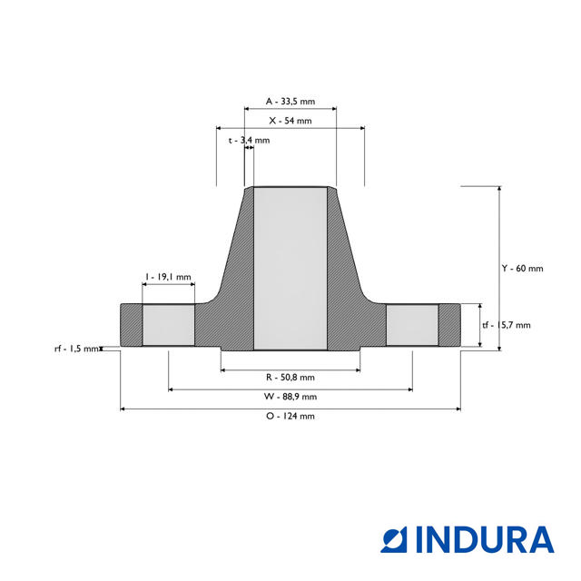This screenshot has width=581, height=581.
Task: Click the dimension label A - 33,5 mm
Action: pyautogui.click(x=290, y=102)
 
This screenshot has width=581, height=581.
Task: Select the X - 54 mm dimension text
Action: pyautogui.click(x=290, y=121)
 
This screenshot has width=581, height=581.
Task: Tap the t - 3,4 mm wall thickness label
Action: pyautogui.click(x=249, y=141)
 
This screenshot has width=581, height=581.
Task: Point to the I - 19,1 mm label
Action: pyautogui.click(x=168, y=277)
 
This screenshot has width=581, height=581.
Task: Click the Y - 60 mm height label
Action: pyautogui.click(x=522, y=268)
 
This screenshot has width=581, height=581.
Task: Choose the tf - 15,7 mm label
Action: pyautogui.click(x=507, y=325)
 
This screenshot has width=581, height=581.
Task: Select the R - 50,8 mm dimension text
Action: pyautogui.click(x=290, y=377)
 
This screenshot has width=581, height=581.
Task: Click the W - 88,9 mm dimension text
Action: pyautogui.click(x=290, y=397)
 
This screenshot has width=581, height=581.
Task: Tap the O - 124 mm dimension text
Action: pyautogui.click(x=290, y=416)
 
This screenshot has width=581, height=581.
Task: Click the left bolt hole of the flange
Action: pyautogui.click(x=168, y=324)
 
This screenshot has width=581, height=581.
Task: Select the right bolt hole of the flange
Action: pyautogui.click(x=413, y=324)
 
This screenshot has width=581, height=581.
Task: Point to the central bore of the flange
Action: pyautogui.click(x=290, y=268)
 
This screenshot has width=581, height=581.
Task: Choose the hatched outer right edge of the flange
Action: pyautogui.click(x=449, y=324)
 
